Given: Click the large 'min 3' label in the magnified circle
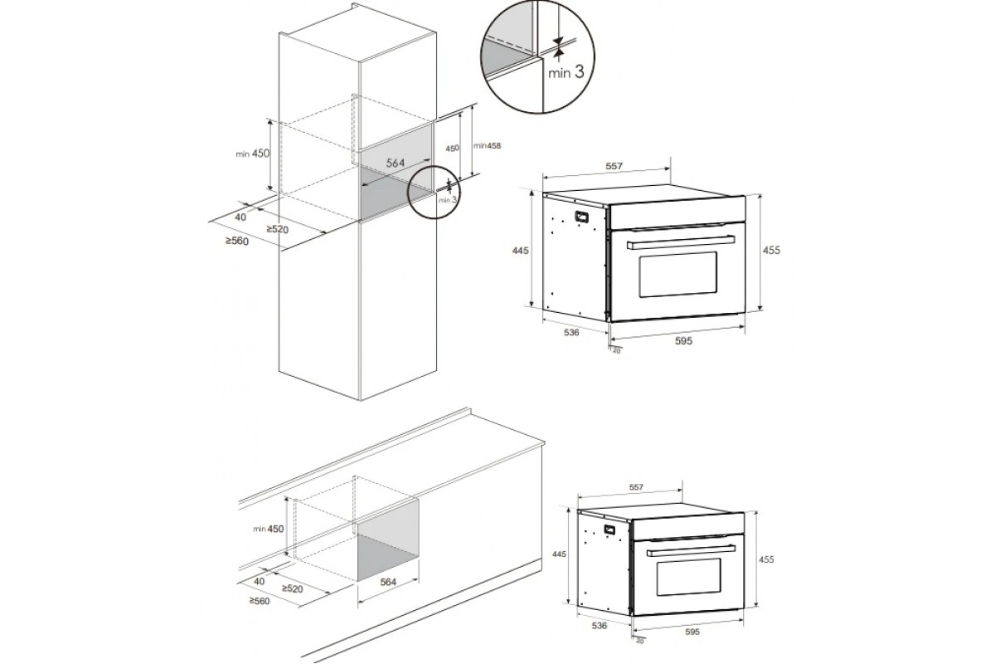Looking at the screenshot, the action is coord(565,72).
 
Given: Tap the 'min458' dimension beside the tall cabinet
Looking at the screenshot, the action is coord(488,145).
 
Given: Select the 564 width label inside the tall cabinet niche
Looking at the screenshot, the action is coord(395,164).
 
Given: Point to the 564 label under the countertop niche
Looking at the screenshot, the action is coord(388,583).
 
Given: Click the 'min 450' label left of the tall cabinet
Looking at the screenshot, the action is coord(252,154).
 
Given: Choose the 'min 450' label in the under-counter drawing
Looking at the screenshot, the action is coord(269,529).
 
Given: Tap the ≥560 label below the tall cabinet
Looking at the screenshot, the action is coord(237,241).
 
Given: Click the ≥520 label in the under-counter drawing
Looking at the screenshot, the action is coord(292,588).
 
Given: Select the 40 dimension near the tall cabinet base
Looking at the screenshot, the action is coord(240,217).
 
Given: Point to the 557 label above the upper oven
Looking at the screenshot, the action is coord(614,166).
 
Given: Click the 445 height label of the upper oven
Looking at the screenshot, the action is coord(521,251).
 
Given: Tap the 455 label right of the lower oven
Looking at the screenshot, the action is coord(766,559).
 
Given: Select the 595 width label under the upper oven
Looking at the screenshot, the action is coord(683,341).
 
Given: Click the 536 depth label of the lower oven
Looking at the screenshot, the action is coord(599,626).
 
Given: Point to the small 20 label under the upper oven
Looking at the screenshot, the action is coord(617,351).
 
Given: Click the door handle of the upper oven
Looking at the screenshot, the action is coord(680,243).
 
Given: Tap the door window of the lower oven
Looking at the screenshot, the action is coord(689,578).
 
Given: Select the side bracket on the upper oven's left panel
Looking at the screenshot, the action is coord(581,217).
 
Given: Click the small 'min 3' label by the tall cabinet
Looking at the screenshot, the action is coord(448,200).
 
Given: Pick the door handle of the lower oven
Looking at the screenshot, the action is coord(690,551).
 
